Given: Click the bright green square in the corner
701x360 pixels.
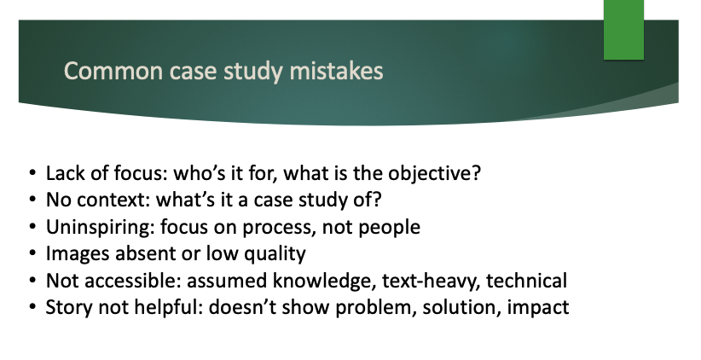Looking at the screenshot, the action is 623,30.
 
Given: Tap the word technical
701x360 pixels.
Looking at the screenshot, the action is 527,281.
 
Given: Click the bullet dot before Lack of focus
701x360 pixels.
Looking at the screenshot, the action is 32,172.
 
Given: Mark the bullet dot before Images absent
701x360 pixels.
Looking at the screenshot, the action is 32,253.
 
